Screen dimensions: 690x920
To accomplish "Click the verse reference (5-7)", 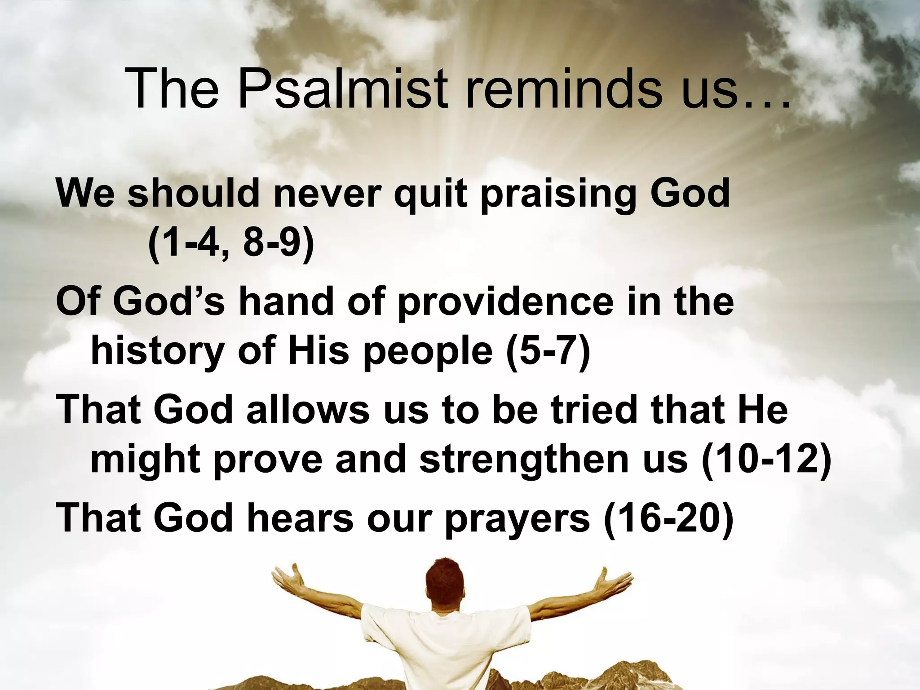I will pyautogui.click(x=548, y=351).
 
